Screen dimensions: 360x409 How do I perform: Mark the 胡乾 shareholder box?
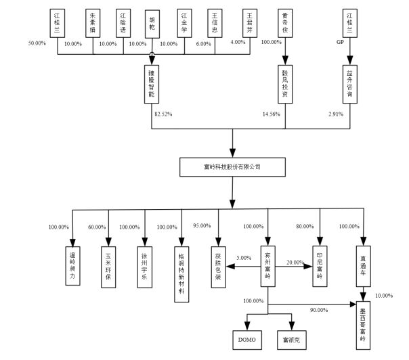(154, 23)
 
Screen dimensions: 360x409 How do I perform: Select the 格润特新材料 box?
(181, 268)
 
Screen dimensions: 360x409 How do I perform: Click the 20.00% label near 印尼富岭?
(295, 262)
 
